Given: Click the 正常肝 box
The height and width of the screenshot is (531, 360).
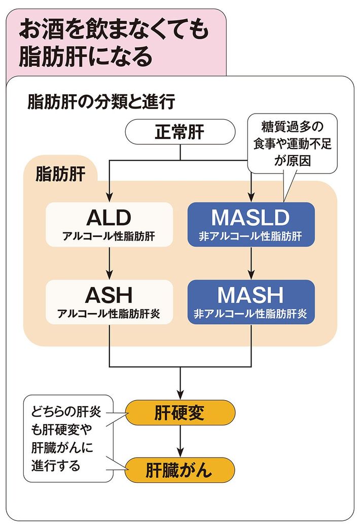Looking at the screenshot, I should [179, 133].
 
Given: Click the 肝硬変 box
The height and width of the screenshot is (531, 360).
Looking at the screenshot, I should [179, 413].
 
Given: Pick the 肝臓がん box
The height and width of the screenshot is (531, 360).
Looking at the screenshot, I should [179, 470].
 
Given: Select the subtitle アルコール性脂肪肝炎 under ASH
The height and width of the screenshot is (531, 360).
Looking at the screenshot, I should [109, 313].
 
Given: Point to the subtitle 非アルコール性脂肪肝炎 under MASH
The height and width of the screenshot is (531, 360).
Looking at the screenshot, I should [251, 313].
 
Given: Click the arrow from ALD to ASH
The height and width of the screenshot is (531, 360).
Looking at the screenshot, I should [109, 263].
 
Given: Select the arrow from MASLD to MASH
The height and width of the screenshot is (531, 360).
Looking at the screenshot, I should [251, 263].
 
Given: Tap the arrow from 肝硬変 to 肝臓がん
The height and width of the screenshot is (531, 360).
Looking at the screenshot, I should [179, 441].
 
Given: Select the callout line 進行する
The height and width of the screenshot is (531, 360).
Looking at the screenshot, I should [56, 466].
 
